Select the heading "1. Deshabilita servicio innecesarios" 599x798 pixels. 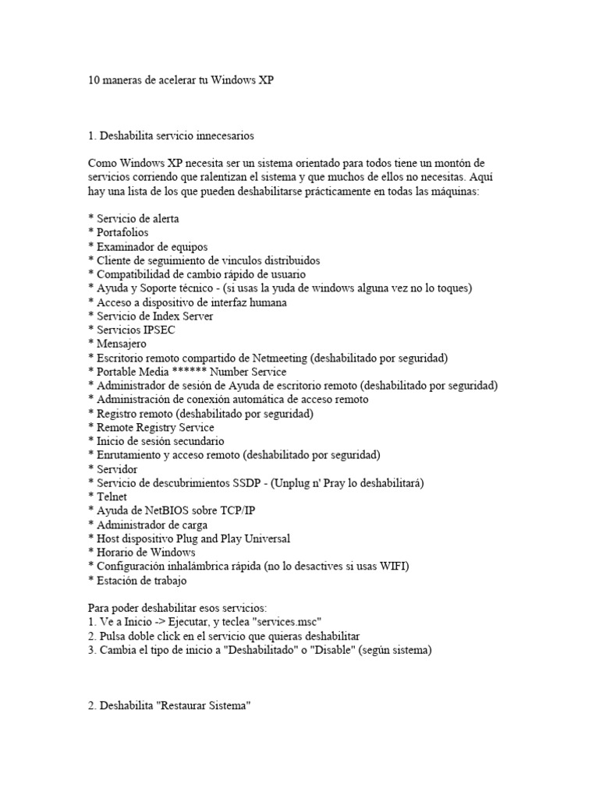pos(172,136)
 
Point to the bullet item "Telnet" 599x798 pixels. pos(112,496)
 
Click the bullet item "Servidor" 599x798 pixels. pos(117,469)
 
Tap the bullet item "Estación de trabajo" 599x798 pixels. pos(141,581)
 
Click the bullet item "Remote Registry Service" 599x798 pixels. pos(154,427)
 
